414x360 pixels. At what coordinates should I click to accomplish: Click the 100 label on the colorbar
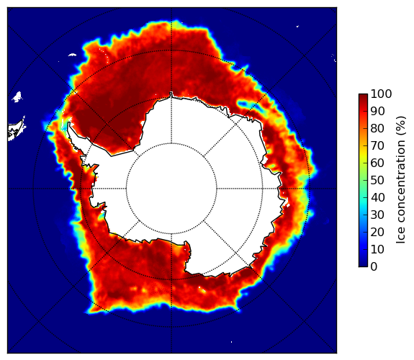(381, 94)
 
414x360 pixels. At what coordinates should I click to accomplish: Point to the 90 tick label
(377, 111)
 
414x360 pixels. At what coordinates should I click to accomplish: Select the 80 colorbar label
(377, 129)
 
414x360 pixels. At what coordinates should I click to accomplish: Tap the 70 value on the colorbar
(377, 145)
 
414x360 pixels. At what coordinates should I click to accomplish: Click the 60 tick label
(377, 163)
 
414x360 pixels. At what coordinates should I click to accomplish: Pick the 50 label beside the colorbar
(377, 181)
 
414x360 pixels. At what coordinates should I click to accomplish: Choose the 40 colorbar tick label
(377, 197)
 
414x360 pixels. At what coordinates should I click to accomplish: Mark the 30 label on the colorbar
(377, 215)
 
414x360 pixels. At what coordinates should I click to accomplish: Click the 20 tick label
(377, 232)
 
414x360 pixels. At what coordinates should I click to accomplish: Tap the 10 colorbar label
(377, 249)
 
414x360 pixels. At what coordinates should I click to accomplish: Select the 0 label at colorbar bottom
(374, 267)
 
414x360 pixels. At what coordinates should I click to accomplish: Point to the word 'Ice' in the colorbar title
(400, 238)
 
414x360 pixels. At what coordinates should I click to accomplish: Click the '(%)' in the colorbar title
(401, 126)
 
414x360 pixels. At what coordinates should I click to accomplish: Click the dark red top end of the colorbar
(363, 96)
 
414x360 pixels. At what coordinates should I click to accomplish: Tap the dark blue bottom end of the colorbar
(363, 265)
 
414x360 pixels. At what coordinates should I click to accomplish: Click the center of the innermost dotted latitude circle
(171, 189)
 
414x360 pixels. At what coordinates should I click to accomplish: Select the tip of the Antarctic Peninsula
(69, 123)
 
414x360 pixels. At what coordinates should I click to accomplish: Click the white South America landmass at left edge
(17, 130)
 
